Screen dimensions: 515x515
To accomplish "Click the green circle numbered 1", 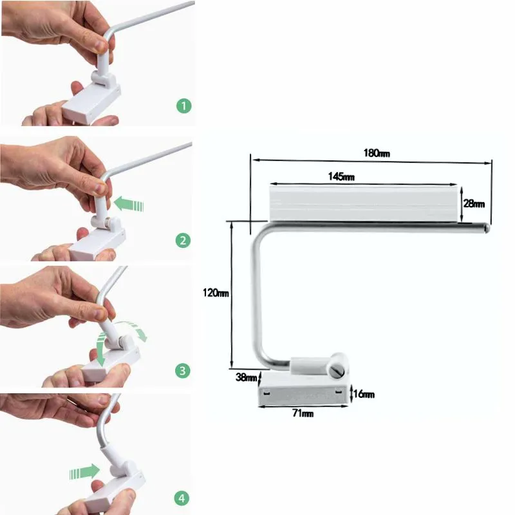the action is point(184,106).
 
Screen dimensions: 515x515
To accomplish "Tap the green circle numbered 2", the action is point(183,240).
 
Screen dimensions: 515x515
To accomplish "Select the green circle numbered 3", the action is point(183,371).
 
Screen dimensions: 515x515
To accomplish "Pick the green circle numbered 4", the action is point(182,498).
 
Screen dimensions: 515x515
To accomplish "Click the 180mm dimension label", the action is point(377,153).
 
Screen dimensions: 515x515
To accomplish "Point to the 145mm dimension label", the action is point(341,176).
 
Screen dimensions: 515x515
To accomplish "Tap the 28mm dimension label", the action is point(474,204).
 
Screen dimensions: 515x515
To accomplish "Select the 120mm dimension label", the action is point(216,293).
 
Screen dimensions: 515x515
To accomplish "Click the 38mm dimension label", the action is point(247,377).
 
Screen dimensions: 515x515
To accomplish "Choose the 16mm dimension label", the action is point(364,394).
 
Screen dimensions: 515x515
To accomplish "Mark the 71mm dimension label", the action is point(303,413).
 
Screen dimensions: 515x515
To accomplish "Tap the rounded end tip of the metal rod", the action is point(487,228).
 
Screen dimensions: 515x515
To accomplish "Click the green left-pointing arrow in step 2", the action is point(128,205).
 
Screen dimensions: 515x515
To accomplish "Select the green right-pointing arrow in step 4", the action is point(85,472).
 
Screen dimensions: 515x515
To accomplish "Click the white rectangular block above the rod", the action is point(363,203).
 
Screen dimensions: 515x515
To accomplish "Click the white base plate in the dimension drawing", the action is point(303,389).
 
